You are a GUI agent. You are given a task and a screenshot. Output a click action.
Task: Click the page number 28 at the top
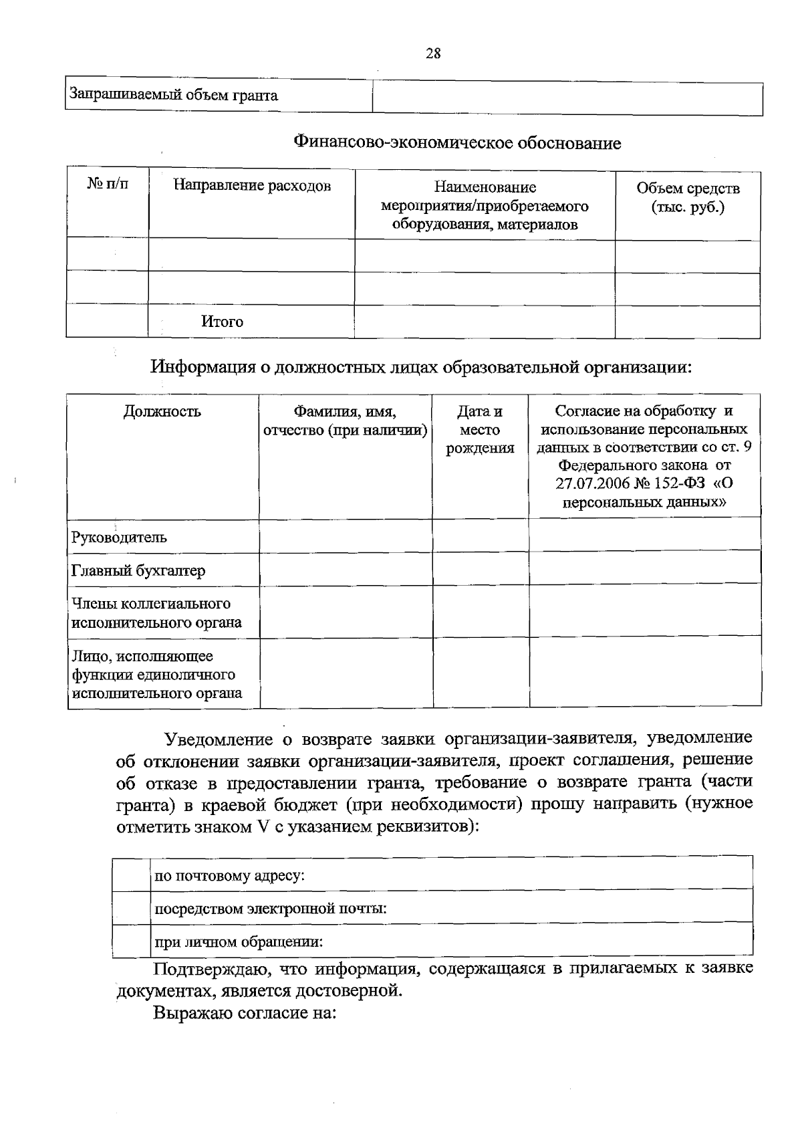[433, 54]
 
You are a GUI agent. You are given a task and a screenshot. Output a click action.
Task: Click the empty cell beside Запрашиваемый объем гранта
[567, 99]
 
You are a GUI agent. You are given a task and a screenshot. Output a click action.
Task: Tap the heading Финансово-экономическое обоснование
[457, 143]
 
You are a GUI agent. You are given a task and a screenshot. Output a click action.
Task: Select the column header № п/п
[108, 184]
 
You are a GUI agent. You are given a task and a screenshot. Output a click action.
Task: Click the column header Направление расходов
[252, 185]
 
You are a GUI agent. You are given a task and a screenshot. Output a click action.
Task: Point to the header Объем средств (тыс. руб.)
[688, 197]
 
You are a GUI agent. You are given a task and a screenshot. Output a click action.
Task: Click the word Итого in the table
[223, 322]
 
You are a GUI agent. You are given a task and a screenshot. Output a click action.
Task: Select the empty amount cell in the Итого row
[687, 321]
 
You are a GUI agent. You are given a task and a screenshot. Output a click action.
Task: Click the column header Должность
[162, 411]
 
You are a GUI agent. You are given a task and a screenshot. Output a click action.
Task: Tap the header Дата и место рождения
[480, 429]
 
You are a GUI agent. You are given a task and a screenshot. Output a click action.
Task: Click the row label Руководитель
[119, 537]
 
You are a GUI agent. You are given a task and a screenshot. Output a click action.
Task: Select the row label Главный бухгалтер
[138, 570]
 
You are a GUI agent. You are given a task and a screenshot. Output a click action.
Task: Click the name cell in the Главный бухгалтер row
[346, 570]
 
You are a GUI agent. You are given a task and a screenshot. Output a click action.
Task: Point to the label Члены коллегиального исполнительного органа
[156, 612]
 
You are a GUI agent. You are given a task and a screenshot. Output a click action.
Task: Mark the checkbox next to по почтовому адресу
[131, 875]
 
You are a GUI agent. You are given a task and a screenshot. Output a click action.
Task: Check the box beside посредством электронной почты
[131, 908]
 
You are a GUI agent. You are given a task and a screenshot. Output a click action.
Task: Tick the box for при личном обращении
[131, 941]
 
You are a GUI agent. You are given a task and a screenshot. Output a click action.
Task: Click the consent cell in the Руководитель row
[644, 536]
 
